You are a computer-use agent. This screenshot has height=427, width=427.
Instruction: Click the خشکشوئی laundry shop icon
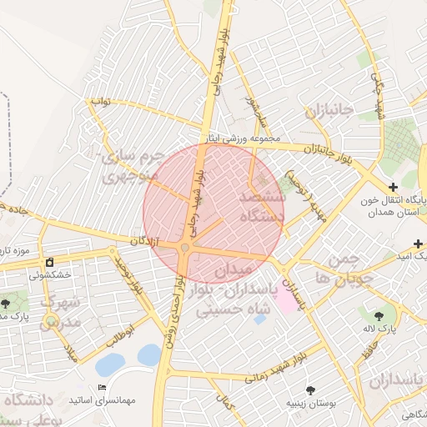coord(50,262)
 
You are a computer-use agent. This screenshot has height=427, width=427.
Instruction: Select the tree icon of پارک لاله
coord(379,317)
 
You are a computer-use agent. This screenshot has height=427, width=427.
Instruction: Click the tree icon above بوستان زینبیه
coord(310,389)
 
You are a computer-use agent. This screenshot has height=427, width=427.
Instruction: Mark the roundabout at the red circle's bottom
coord(185,247)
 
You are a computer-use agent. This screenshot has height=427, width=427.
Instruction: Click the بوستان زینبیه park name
coord(310,404)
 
